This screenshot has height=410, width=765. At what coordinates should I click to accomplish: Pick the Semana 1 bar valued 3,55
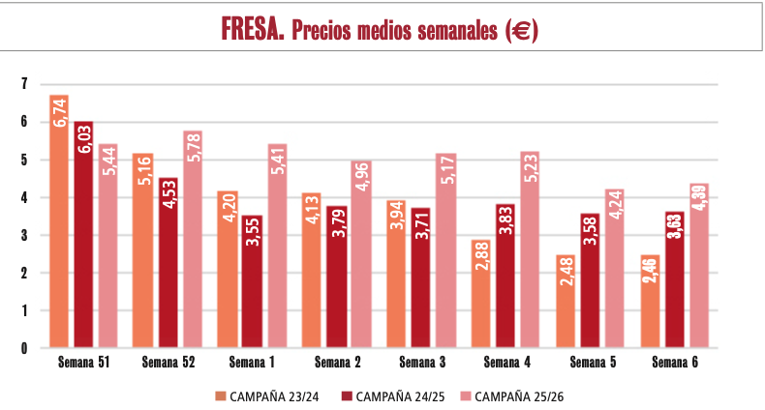click(252, 280)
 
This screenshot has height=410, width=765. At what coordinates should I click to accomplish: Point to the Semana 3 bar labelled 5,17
click(445, 250)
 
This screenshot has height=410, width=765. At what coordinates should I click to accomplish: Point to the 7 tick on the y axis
click(24, 85)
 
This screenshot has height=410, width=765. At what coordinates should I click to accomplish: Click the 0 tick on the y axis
click(24, 348)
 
